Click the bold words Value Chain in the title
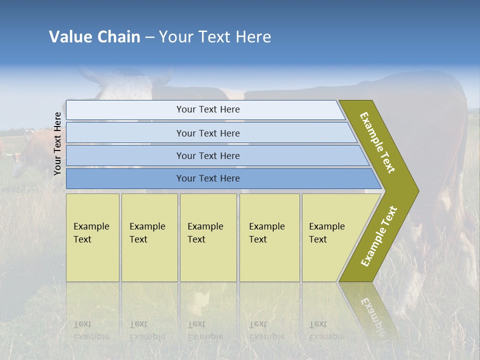94,37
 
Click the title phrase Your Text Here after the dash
215,37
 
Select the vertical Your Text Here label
58,143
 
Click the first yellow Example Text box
92,237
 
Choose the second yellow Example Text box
149,237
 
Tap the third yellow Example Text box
207,237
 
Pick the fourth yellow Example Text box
269,237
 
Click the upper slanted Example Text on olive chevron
377,142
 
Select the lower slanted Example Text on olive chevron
379,236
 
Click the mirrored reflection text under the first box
91,330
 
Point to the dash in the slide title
149,37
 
